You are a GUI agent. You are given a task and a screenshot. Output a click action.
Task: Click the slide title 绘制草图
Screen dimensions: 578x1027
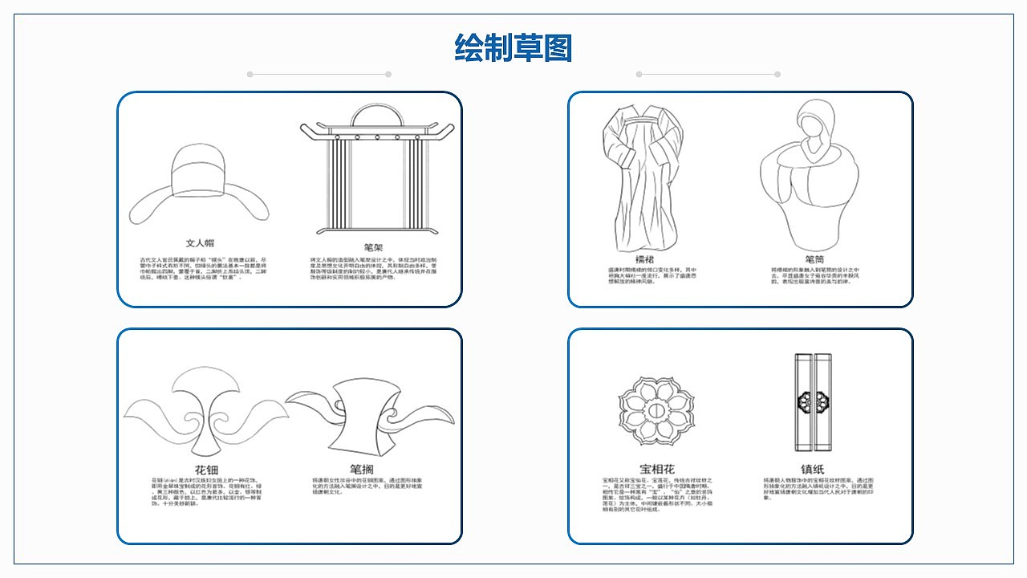(x=513, y=48)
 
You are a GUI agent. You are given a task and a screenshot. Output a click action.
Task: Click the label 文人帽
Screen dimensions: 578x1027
(x=200, y=242)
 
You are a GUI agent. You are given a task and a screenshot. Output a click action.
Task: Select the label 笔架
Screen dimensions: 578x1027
(x=373, y=247)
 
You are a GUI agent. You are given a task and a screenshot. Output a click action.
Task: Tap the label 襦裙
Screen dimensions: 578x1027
(x=644, y=259)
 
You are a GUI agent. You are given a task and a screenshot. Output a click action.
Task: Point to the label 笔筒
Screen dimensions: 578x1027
(x=815, y=259)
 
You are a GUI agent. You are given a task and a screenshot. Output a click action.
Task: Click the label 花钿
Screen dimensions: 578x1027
(x=205, y=470)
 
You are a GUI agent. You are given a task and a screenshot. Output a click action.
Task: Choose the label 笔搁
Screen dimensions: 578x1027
(x=361, y=469)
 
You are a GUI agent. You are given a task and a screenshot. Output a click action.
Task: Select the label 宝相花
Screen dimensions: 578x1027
(x=656, y=469)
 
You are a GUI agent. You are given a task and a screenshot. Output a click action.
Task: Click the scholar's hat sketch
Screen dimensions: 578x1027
(x=200, y=181)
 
